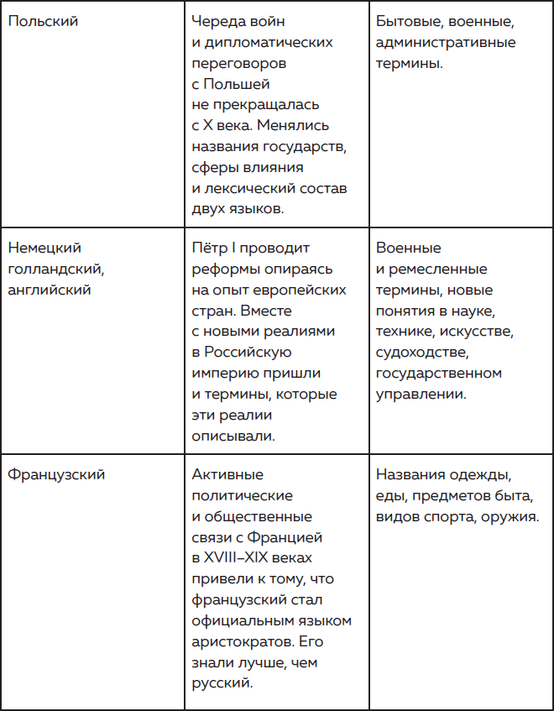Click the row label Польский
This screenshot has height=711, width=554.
tap(43, 22)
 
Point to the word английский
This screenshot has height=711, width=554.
tap(50, 290)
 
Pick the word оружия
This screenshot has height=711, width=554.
tap(509, 516)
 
